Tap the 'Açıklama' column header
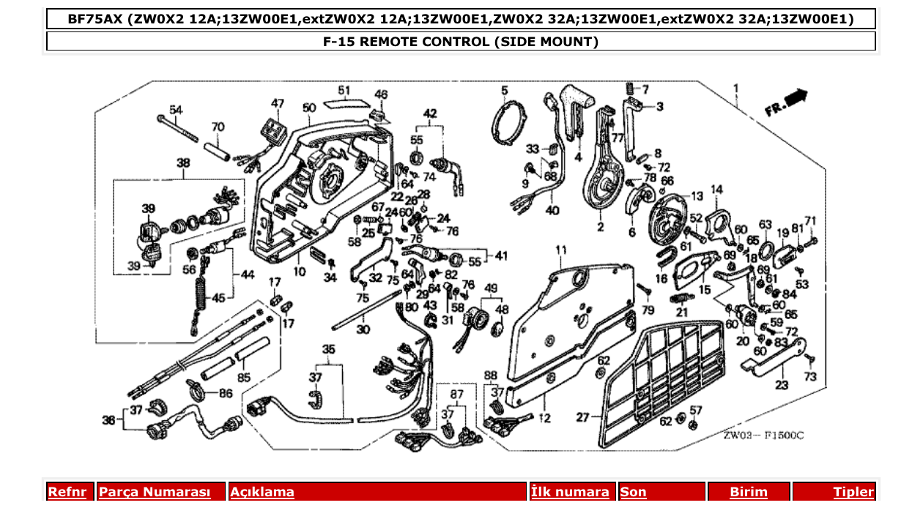click(262, 492)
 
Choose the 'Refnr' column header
click(67, 492)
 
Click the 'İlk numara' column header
click(570, 492)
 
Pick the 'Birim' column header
click(748, 492)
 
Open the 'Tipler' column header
click(853, 492)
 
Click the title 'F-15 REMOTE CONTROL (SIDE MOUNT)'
click(461, 42)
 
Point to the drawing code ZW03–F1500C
click(763, 436)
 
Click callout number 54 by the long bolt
click(176, 110)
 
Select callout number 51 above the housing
click(344, 91)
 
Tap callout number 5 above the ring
click(505, 91)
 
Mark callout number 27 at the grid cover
click(582, 418)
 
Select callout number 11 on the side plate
click(561, 250)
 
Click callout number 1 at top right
click(736, 89)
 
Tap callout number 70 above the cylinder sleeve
click(218, 127)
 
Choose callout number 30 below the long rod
click(363, 330)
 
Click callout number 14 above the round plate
click(716, 190)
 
